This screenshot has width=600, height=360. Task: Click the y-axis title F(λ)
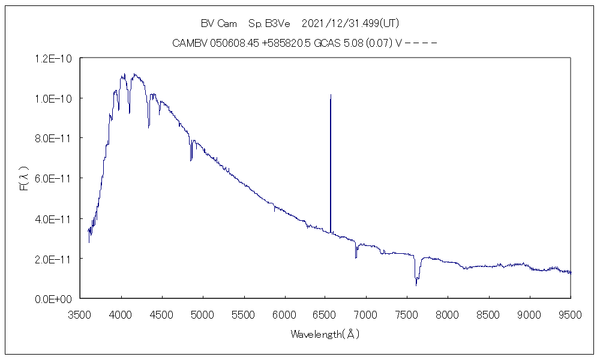pos(24,178)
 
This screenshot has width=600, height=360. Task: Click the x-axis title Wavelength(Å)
pos(325,334)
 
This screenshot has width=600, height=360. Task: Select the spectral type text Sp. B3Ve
pos(269,23)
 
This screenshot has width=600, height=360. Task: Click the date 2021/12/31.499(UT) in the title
pos(350,23)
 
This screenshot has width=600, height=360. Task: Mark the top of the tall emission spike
pos(331,95)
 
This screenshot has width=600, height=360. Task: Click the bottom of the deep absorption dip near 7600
pos(416,284)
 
